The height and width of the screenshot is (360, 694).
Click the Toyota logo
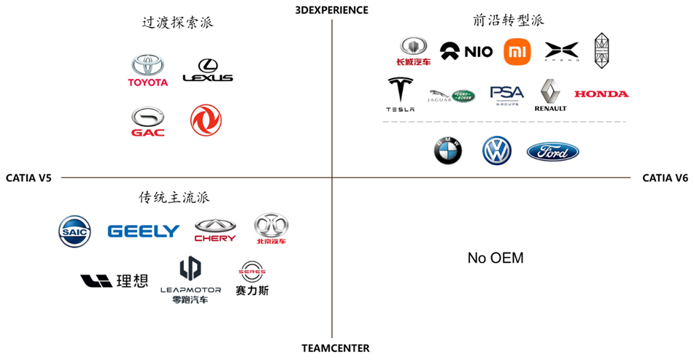click(x=147, y=71)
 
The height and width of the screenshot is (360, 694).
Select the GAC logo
click(x=148, y=121)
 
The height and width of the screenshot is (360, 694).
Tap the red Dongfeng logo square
click(x=206, y=120)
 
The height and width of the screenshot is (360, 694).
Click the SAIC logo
click(x=74, y=230)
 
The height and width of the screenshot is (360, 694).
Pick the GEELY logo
click(x=144, y=231)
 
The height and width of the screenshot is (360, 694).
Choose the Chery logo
click(x=215, y=230)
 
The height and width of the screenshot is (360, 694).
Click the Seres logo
click(x=252, y=277)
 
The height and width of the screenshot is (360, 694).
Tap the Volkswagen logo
click(x=497, y=150)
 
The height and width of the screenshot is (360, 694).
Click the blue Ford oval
click(x=552, y=153)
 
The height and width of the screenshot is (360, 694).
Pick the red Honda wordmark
click(x=601, y=93)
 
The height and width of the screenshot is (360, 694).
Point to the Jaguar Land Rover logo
click(x=452, y=96)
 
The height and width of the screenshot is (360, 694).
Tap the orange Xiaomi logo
click(x=517, y=52)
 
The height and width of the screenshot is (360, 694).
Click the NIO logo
click(x=466, y=51)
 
